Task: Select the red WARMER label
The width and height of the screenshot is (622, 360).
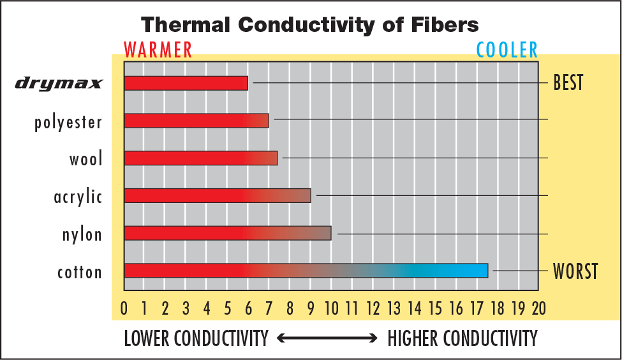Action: point(158,49)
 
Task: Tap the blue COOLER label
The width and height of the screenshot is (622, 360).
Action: point(507,49)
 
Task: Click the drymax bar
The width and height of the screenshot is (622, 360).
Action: point(186,83)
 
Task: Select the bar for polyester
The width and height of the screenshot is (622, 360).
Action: point(196,120)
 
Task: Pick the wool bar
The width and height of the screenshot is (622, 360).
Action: point(200,158)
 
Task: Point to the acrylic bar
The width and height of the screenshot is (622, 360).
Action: point(217,195)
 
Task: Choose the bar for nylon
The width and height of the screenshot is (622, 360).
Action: point(228,233)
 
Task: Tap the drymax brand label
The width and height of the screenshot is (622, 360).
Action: point(59,84)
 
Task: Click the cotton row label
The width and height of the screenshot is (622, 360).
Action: point(79,273)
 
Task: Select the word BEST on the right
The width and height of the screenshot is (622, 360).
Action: point(568,83)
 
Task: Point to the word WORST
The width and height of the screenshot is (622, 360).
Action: point(575,271)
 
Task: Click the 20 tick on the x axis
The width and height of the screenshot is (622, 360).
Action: point(538,309)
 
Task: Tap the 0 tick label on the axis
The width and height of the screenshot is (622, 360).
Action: point(124,309)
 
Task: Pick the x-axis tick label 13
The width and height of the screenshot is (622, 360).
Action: point(394,309)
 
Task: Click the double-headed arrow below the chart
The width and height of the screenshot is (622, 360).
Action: point(327,338)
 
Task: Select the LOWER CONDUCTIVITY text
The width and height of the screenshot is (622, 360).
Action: point(196,338)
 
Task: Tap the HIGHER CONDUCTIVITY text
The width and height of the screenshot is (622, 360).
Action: point(463,338)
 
